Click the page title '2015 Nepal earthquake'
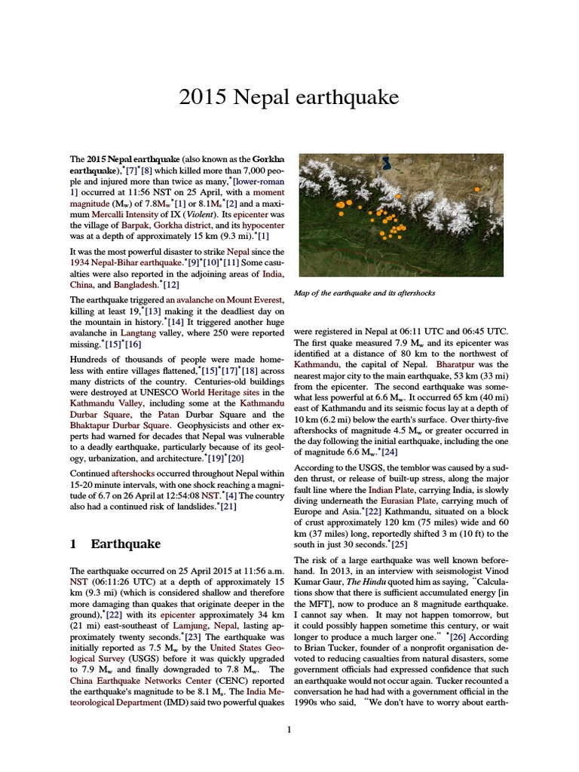pyautogui.click(x=289, y=97)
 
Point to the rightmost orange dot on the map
pyautogui.click(x=476, y=188)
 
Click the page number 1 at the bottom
pyautogui.click(x=289, y=729)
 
